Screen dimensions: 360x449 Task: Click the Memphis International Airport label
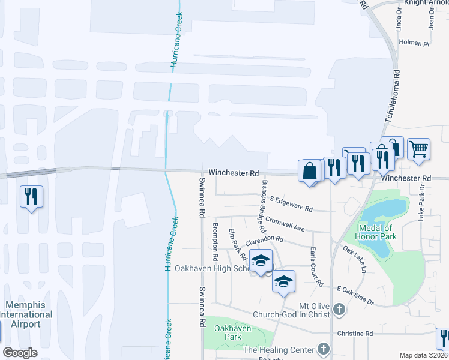[x=25, y=314]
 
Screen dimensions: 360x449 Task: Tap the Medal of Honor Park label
[x=375, y=232]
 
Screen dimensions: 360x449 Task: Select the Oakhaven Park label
[x=223, y=332]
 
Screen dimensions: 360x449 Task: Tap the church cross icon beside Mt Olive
[x=339, y=310]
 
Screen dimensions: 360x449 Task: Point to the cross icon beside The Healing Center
[x=324, y=349]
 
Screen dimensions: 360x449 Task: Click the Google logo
[x=20, y=353]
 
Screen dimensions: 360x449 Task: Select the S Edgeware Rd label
[x=291, y=203]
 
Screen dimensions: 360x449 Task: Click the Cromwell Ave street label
[x=286, y=224]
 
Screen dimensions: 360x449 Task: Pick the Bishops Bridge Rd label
[x=262, y=206]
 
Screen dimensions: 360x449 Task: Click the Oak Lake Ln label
[x=354, y=258]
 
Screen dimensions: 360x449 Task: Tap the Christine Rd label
[x=355, y=334]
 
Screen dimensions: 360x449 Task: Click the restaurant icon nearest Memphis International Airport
[x=30, y=196]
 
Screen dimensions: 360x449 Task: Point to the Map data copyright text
[x=423, y=355]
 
